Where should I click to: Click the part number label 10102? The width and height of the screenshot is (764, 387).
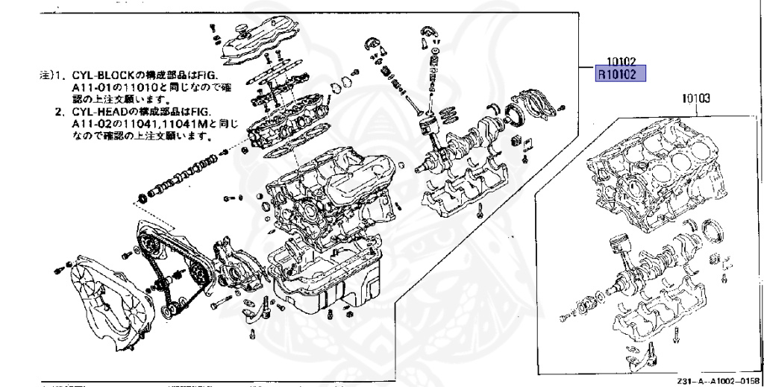point(620,63)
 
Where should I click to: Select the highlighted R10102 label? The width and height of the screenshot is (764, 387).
point(619,75)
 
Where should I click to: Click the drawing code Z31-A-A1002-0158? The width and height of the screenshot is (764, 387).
point(719,381)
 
